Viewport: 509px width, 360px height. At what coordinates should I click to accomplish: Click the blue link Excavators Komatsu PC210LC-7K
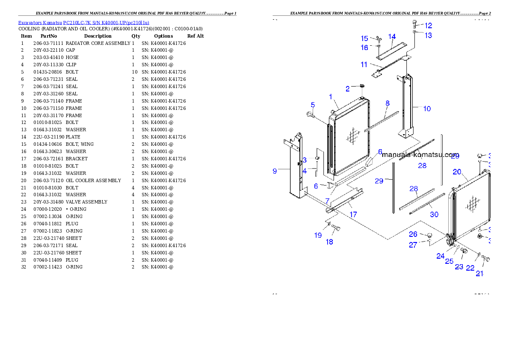tap(83, 23)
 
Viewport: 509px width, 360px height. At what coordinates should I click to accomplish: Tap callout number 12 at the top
tap(428, 26)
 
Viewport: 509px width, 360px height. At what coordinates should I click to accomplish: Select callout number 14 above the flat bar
tap(392, 37)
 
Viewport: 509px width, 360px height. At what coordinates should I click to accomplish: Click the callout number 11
tap(364, 65)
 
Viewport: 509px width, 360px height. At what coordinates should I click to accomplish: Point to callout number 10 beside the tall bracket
tap(427, 109)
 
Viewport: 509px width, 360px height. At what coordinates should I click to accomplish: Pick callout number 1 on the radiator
tap(331, 97)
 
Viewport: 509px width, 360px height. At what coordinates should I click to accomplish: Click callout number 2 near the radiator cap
tap(348, 89)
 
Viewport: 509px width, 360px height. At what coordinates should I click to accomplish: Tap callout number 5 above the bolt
tap(313, 105)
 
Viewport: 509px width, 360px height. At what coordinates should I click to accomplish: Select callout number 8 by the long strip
tap(388, 103)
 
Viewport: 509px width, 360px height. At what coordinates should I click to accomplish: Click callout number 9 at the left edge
tap(275, 171)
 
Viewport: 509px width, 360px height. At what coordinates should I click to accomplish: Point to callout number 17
tap(353, 215)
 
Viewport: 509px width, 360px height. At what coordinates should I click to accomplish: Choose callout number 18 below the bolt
tap(329, 242)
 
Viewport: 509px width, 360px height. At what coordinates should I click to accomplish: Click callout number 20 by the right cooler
tap(457, 172)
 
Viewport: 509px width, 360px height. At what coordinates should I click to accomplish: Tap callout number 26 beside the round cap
tap(413, 234)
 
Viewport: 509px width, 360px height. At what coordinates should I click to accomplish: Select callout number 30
tap(434, 215)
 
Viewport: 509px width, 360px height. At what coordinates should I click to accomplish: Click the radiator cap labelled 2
tap(361, 87)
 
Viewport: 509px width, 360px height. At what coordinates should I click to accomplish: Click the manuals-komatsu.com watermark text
tap(420, 155)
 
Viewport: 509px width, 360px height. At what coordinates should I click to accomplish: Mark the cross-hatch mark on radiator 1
tap(352, 136)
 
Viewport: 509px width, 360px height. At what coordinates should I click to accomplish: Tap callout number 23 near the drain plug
tap(459, 267)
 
